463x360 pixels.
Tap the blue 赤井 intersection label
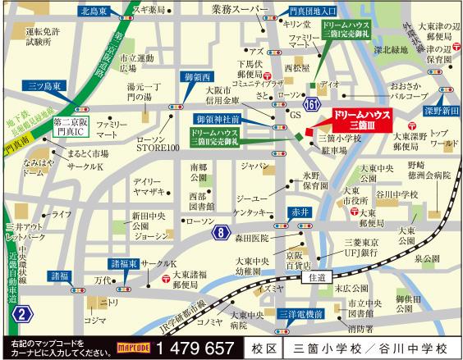coord(299,211)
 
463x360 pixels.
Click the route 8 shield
coord(222,235)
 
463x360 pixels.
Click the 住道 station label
coord(318,277)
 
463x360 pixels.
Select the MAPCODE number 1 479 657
coord(199,347)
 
